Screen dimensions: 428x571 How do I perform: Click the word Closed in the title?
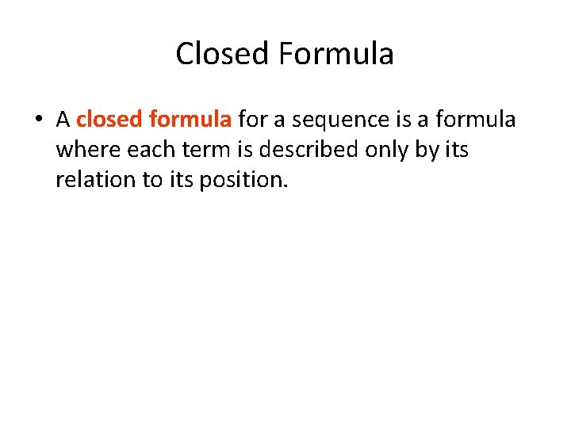(x=224, y=55)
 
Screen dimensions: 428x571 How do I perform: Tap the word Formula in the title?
(x=336, y=55)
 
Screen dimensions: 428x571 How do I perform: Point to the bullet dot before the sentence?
(x=38, y=120)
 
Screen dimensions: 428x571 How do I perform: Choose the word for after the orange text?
(x=252, y=120)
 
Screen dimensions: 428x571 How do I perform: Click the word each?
(x=146, y=150)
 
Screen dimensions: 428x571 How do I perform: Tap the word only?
(x=379, y=150)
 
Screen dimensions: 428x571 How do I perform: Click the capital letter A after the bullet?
(x=63, y=120)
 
